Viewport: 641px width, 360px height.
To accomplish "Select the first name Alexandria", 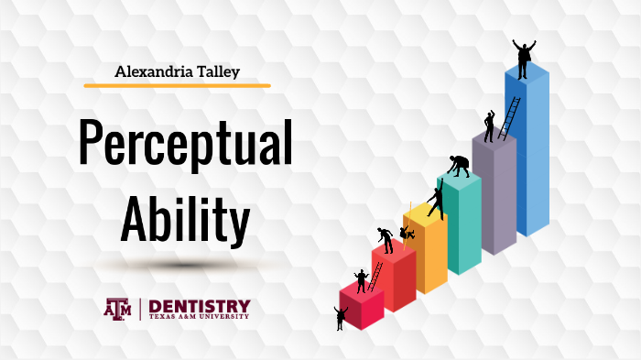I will [x=149, y=70].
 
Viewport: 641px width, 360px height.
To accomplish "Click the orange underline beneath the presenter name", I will [x=177, y=85].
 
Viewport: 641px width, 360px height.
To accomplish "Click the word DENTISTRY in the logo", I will [x=199, y=305].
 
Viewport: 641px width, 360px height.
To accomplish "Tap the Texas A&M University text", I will [x=199, y=318].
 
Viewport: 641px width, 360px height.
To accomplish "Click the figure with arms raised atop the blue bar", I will [x=523, y=58].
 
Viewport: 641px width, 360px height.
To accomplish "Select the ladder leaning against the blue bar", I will [x=509, y=118].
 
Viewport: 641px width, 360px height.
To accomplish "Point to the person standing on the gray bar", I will [x=489, y=126].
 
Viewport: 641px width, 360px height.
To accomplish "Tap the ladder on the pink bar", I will [x=374, y=278].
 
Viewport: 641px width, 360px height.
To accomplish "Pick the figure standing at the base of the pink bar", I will [x=341, y=318].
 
